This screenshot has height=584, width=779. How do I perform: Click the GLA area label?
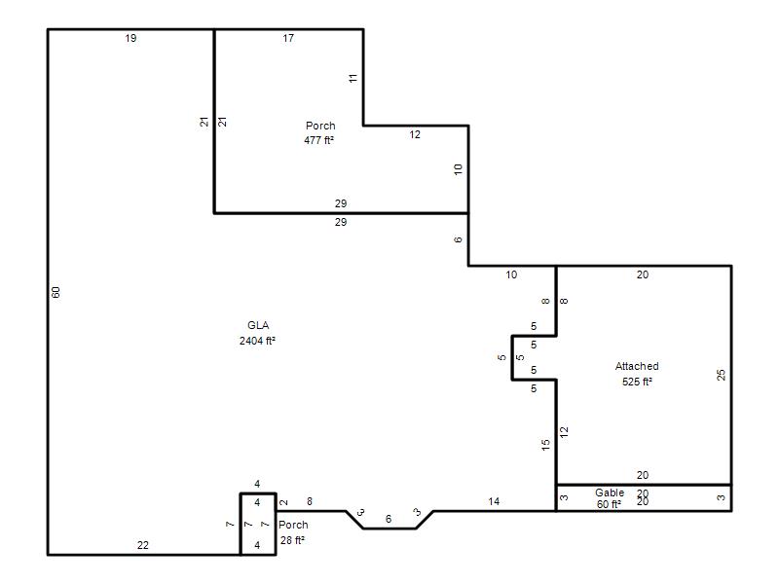click(258, 325)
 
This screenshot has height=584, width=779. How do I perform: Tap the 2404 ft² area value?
click(257, 341)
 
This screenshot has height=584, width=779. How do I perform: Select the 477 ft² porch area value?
click(319, 140)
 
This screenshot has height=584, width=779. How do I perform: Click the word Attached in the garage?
click(637, 366)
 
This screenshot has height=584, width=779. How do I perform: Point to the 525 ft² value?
click(637, 382)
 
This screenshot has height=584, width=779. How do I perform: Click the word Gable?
click(610, 493)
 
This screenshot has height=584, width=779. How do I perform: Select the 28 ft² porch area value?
click(292, 540)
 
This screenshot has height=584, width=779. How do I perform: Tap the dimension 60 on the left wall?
click(56, 293)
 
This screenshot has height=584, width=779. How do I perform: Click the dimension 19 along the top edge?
click(130, 38)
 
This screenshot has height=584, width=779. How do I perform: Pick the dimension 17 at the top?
click(288, 38)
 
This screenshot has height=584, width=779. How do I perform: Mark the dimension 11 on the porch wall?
click(352, 78)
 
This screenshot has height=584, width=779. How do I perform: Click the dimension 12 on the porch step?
click(415, 134)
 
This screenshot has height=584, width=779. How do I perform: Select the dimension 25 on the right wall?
click(721, 375)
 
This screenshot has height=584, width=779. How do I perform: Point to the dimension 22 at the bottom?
click(143, 545)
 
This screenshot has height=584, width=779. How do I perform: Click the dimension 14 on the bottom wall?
click(494, 501)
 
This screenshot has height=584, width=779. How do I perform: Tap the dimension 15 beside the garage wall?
click(546, 445)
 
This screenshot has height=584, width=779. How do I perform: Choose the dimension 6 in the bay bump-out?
click(389, 519)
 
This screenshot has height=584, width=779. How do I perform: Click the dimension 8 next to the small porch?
click(310, 501)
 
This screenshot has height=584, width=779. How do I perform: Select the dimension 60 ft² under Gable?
click(609, 504)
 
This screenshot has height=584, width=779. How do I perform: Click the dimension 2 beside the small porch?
click(283, 502)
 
